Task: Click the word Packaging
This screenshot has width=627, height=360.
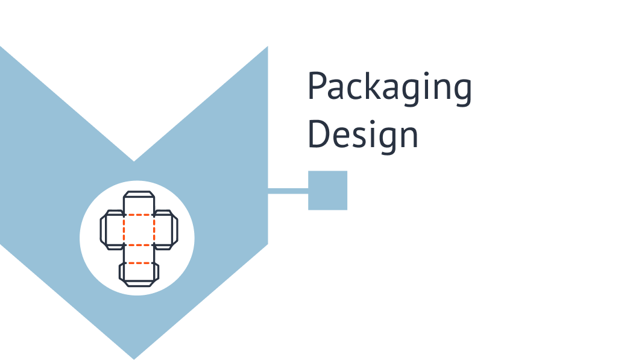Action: (389, 89)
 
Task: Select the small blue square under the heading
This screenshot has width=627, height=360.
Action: (327, 191)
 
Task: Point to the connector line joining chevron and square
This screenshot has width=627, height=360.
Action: (288, 191)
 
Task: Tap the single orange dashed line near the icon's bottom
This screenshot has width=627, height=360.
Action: (139, 263)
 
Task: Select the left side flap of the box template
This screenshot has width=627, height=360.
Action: (111, 230)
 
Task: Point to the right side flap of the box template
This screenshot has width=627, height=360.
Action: (166, 230)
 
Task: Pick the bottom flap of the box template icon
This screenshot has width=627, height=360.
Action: (139, 274)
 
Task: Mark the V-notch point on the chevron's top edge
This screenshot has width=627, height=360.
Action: (134, 162)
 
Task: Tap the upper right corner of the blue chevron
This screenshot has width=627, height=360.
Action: (268, 46)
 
